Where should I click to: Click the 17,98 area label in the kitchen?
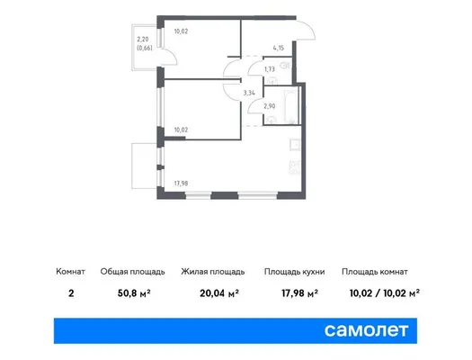point(181,184)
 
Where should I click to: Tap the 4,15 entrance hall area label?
point(279,48)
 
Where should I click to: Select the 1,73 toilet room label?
point(270,69)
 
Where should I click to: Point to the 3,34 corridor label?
point(249,93)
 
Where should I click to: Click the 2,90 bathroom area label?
point(270,106)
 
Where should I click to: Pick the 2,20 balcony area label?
point(143,40)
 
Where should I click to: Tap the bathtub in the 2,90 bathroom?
point(291,106)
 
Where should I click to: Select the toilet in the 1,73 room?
point(285,65)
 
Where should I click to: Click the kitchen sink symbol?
point(295,145)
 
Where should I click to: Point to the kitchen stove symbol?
point(295,167)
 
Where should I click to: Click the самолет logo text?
point(366,330)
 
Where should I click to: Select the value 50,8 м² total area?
point(134,292)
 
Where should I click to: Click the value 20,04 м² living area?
point(219,292)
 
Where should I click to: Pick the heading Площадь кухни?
point(294,272)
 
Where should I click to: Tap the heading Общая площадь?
point(132,272)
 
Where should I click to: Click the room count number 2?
point(71,292)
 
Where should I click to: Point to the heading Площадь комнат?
point(375,272)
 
